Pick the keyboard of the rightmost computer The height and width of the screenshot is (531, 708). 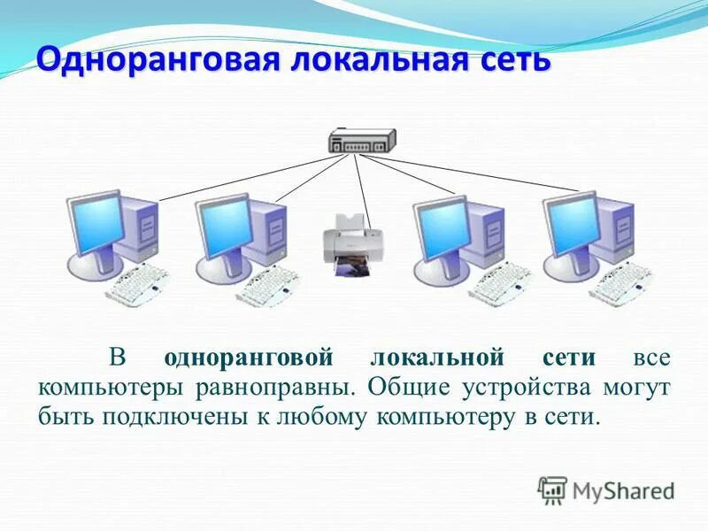pyautogui.click(x=623, y=283)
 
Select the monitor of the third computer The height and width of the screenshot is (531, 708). pyautogui.click(x=441, y=223)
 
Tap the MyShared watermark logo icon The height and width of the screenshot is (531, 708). pyautogui.click(x=552, y=489)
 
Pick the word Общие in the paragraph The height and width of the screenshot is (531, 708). pyautogui.click(x=406, y=387)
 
